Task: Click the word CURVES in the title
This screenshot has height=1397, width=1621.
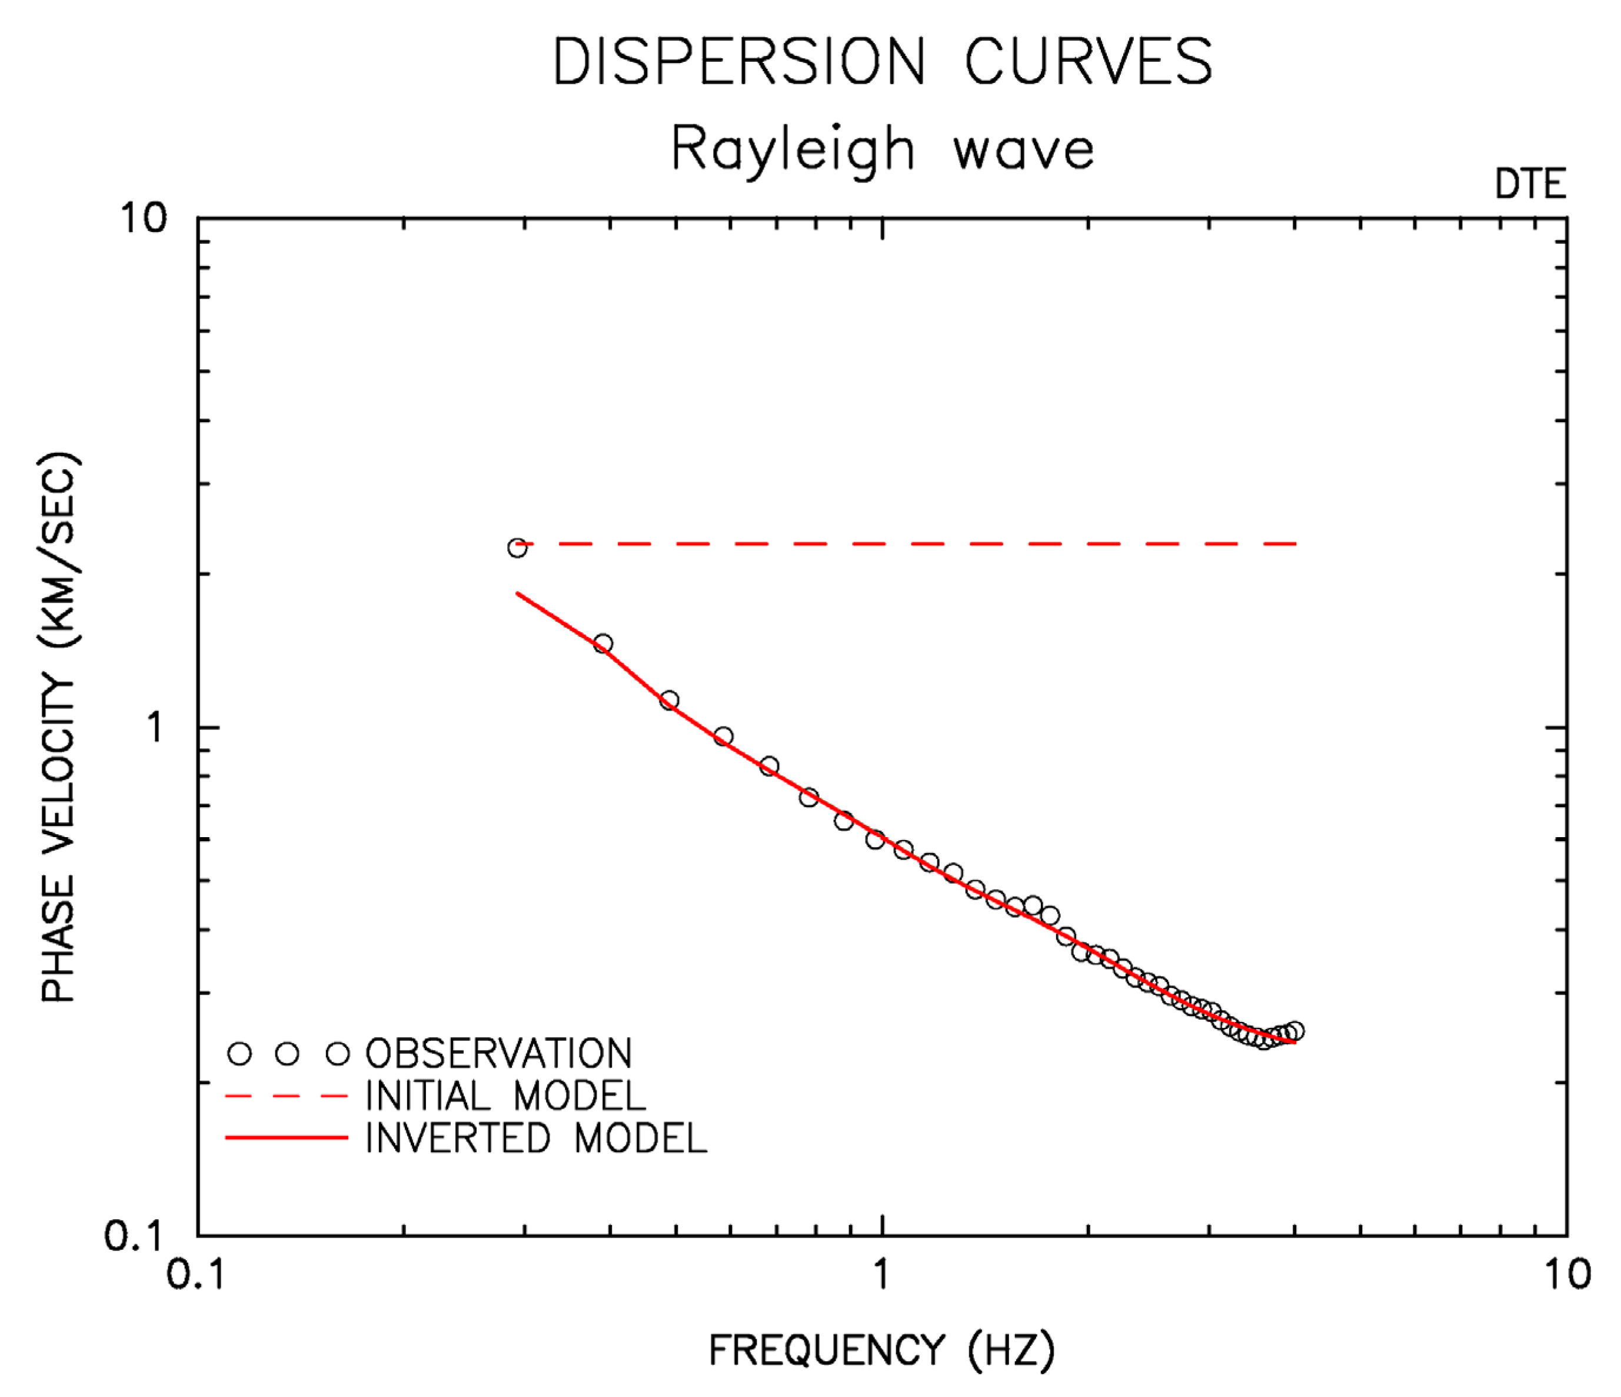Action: (x=1089, y=62)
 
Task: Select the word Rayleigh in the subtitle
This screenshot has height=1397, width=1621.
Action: (x=793, y=150)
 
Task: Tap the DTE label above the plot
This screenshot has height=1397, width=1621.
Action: (x=1529, y=185)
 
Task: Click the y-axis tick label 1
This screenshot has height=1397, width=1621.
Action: (x=155, y=728)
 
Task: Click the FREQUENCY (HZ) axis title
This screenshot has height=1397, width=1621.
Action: (x=881, y=1350)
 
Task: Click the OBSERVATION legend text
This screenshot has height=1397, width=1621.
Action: (x=498, y=1053)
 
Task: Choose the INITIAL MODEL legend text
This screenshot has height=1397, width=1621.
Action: (x=505, y=1096)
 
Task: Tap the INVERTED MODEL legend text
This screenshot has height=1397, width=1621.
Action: (x=536, y=1138)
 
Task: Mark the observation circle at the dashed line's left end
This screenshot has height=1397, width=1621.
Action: (x=517, y=548)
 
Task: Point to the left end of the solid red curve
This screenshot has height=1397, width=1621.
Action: (x=518, y=594)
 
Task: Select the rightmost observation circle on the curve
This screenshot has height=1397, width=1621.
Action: (x=1295, y=1031)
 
